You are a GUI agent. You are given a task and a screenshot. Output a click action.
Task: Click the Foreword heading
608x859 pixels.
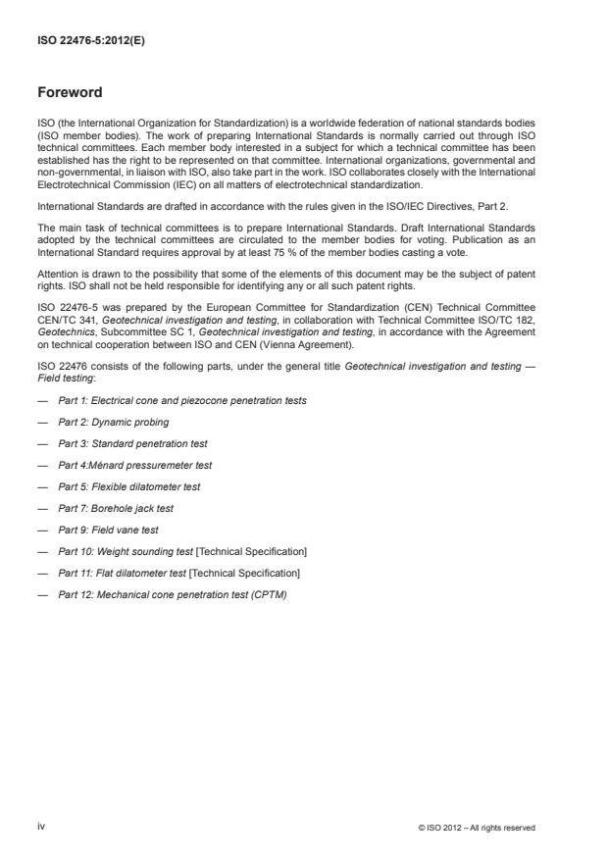[x=69, y=94]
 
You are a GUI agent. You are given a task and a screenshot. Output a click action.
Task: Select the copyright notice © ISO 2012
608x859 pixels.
[x=476, y=828]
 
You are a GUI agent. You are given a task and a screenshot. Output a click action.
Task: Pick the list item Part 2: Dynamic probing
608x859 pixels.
[x=113, y=423]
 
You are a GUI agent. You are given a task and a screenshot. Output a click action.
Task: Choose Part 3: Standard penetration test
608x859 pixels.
[x=132, y=444]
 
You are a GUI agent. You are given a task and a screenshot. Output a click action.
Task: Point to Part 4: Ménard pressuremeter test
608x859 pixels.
[x=134, y=465]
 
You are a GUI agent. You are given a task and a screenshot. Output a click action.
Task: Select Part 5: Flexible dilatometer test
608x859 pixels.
[x=129, y=486]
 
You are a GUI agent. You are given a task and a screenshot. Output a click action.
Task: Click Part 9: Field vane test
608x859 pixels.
[x=108, y=530]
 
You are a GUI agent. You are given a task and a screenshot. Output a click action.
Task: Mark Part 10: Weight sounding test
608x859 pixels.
[x=182, y=551]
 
